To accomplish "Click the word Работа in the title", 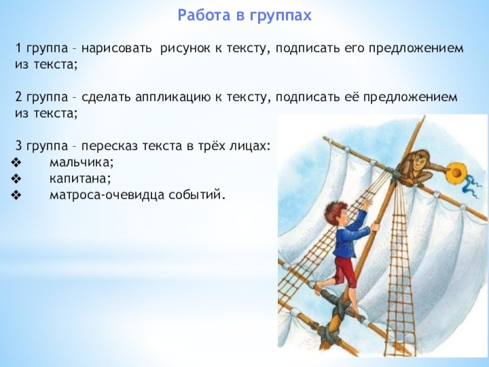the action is pos(205,15).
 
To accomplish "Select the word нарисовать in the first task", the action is pos(117,48).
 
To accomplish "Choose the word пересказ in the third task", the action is pos(109,146).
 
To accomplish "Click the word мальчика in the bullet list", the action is pos(81,163).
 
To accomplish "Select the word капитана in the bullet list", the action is pos(80,179).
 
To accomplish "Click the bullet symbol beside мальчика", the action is pos(16,163).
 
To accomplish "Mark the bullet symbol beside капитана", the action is pos(16,179).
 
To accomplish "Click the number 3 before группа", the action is pos(20,146).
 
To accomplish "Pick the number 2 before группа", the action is pos(19,97).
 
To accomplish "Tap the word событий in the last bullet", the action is pos(197,195).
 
